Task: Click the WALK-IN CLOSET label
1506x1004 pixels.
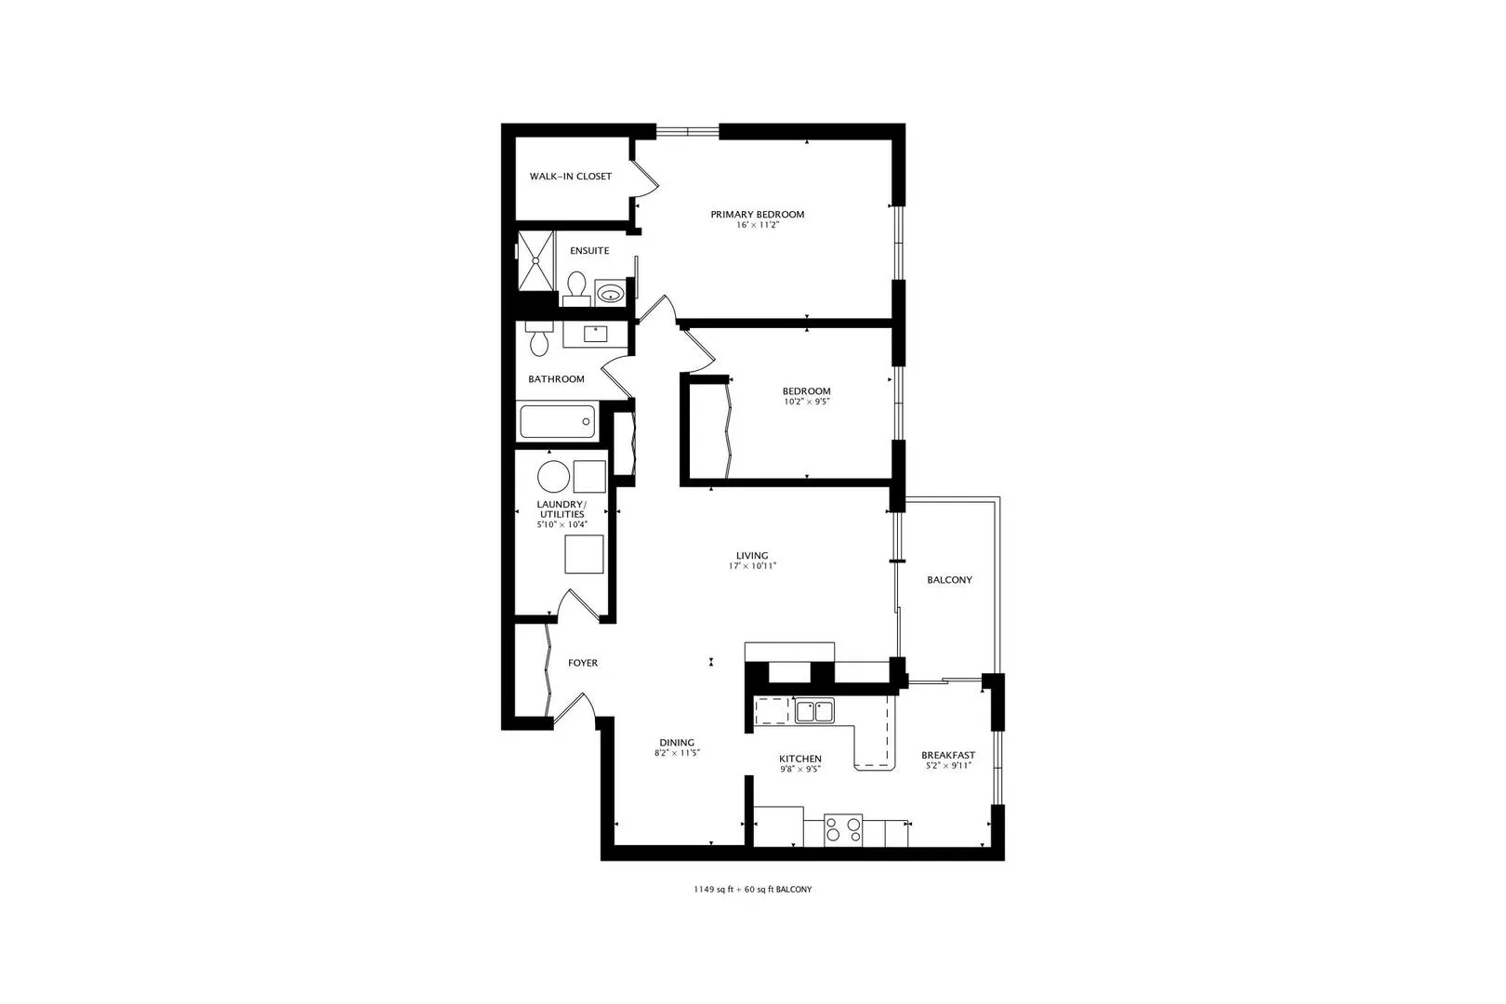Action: [571, 177]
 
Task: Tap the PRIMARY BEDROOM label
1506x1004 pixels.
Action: [757, 215]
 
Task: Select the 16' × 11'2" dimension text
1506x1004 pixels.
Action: [757, 226]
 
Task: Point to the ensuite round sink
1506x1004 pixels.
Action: [610, 294]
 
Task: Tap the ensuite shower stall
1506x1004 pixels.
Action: [535, 260]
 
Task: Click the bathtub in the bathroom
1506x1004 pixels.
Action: [556, 422]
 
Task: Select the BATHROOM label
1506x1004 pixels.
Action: [556, 379]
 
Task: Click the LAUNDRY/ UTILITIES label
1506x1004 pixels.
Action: [561, 509]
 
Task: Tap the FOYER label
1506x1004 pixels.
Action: [583, 664]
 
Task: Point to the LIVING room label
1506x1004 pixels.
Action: [752, 556]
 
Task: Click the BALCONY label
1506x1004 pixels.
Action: [949, 580]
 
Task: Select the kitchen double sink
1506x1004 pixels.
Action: [814, 711]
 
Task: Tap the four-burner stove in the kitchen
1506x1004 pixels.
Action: [843, 829]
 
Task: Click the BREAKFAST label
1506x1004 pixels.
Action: [948, 756]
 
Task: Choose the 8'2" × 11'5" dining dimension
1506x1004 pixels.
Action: [676, 754]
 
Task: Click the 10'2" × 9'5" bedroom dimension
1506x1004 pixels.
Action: [806, 403]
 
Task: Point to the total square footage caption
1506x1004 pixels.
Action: [752, 890]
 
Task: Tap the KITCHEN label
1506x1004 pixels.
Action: [799, 760]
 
